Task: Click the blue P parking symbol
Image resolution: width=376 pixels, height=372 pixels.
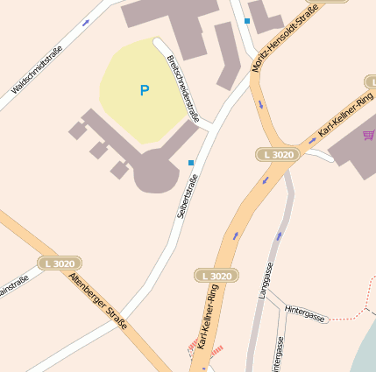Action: pos(144,90)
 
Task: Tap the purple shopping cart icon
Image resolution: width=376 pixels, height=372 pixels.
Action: pos(368,136)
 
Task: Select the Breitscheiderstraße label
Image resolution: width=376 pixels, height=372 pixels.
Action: pos(182,88)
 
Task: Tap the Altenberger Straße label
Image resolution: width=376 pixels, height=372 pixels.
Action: pos(97,301)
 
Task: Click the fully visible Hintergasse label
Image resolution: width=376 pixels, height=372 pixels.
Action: pos(306,314)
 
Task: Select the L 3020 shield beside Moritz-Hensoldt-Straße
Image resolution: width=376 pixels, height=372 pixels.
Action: pos(278,154)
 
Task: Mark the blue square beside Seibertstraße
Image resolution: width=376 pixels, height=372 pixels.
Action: pos(191,162)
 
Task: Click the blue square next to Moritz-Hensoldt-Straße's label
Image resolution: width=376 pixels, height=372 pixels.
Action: pos(247,20)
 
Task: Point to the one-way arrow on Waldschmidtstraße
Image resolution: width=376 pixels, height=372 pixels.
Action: pos(86,23)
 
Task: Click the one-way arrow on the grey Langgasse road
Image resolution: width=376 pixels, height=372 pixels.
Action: pos(279,236)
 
